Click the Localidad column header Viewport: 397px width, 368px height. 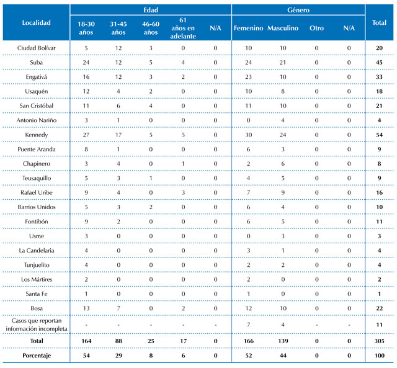(36, 22)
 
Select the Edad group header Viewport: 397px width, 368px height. (151, 10)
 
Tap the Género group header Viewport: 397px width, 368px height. (298, 10)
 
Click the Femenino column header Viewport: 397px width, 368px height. (248, 28)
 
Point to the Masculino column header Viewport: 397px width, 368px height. (283, 28)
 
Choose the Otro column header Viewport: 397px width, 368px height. (316, 28)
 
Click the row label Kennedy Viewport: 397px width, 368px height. (36, 135)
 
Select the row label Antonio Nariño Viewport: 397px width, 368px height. (36, 120)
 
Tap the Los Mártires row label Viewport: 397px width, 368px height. (37, 279)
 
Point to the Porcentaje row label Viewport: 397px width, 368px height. (37, 356)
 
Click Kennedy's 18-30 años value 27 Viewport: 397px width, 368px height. (86, 135)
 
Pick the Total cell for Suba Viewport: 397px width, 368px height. (379, 63)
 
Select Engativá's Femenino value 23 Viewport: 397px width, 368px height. (248, 77)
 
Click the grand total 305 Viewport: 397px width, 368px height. (379, 341)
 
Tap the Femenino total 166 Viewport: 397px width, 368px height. (248, 341)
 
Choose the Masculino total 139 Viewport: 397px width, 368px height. (283, 341)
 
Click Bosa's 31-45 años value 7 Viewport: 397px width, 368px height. (118, 308)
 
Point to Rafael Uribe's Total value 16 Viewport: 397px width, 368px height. (379, 193)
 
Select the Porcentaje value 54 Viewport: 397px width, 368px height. (86, 356)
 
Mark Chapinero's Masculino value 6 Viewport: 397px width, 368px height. (283, 164)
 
